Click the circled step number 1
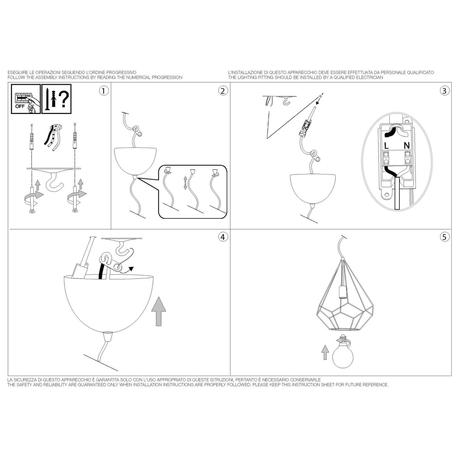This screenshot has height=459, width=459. coord(104,91)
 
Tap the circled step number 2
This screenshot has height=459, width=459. coord(223,91)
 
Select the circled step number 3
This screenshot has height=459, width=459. coord(444,91)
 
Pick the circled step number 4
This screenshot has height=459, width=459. coord(223,237)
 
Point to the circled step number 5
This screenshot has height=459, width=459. coord(444,237)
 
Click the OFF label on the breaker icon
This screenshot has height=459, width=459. coord(20,106)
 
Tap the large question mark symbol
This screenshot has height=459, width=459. coord(63,99)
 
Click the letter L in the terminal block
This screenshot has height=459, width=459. coord(386,146)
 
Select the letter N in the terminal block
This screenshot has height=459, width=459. coord(407,145)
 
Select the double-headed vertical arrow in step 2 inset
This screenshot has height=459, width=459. coord(186,183)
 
